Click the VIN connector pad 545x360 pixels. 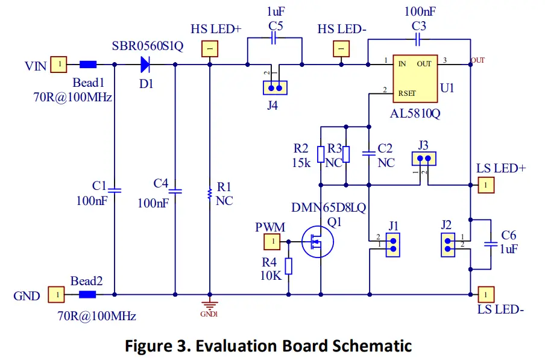click(x=58, y=65)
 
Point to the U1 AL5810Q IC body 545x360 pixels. click(x=415, y=78)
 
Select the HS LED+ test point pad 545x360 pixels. click(x=209, y=49)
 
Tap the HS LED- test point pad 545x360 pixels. click(x=342, y=49)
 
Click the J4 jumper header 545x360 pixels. click(x=275, y=88)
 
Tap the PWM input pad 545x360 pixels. click(x=272, y=242)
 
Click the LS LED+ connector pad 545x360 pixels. click(x=485, y=185)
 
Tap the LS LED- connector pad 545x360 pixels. click(x=485, y=294)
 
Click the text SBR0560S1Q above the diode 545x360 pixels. click(x=147, y=47)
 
